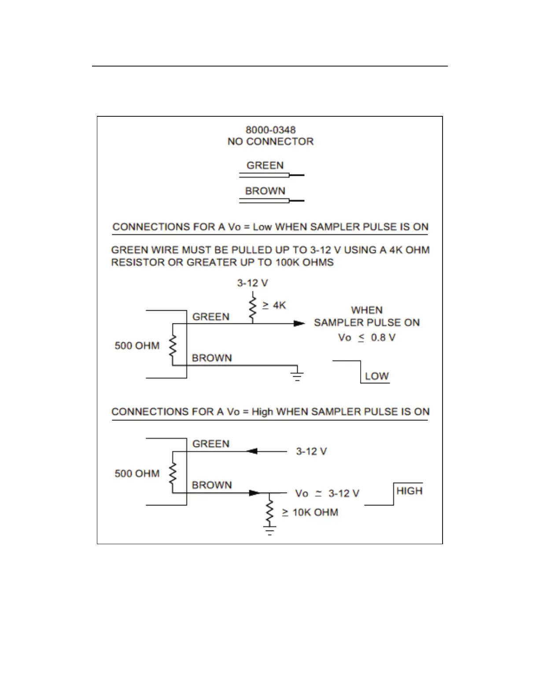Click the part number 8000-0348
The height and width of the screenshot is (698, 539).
[270, 130]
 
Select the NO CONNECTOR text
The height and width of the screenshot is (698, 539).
[270, 141]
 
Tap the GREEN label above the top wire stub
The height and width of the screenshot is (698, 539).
[265, 165]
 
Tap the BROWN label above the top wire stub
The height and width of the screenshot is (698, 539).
[265, 191]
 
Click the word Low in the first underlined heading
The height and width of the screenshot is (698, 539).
[262, 227]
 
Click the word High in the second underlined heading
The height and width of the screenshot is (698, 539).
[262, 412]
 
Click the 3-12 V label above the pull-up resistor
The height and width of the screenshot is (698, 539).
[252, 283]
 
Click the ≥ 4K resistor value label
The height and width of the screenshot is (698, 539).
[274, 305]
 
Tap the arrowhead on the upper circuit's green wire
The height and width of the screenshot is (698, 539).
[299, 323]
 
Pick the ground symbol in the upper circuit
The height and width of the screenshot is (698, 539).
[297, 375]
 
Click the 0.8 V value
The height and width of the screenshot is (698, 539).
[383, 338]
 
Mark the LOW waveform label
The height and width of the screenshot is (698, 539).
[377, 376]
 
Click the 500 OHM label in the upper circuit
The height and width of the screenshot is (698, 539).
[137, 345]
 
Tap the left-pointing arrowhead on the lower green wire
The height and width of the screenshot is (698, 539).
[252, 451]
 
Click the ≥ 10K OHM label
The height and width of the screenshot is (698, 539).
[310, 512]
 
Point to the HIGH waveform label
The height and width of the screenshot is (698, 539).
[409, 491]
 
